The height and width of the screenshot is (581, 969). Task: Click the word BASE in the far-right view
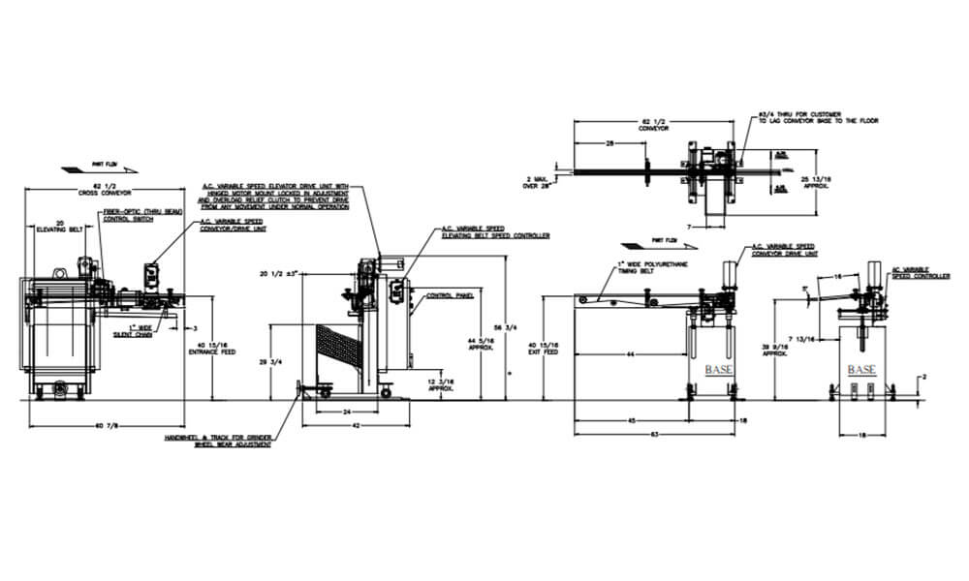point(861,370)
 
